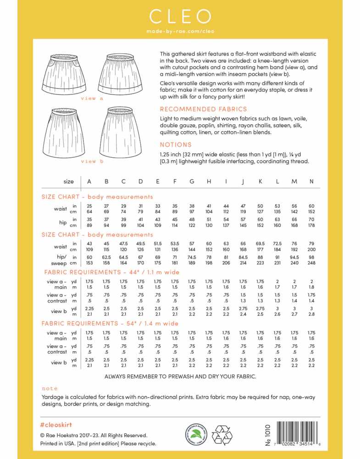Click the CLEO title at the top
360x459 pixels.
[x=180, y=17]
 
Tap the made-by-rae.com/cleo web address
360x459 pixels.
[x=180, y=32]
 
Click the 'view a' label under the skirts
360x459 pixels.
[x=92, y=98]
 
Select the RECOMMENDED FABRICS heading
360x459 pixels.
[x=203, y=109]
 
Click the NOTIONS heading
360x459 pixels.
[x=176, y=144]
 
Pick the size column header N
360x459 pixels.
[x=311, y=182]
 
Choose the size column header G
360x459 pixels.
[x=192, y=182]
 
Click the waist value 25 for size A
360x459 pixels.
[x=89, y=206]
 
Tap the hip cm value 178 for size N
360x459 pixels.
[x=311, y=225]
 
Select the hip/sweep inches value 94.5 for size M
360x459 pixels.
[x=294, y=257]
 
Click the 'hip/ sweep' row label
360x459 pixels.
[x=57, y=260]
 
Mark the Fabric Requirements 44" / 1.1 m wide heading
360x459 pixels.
[x=110, y=272]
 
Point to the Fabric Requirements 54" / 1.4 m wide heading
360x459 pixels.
[x=110, y=323]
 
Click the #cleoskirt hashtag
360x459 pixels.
[x=56, y=425]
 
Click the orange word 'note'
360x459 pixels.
[x=50, y=388]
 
